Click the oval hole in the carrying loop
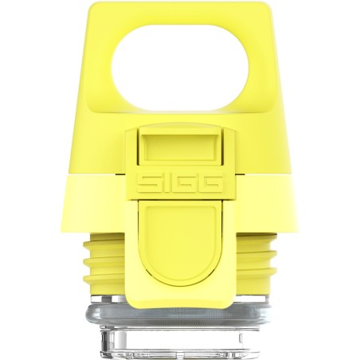tap(181, 68)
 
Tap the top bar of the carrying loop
tap(181, 14)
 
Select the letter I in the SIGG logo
tap(165, 183)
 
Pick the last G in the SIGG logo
tap(209, 183)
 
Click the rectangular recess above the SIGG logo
tap(180, 148)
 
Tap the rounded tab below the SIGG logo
tap(181, 245)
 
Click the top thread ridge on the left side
tap(104, 241)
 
